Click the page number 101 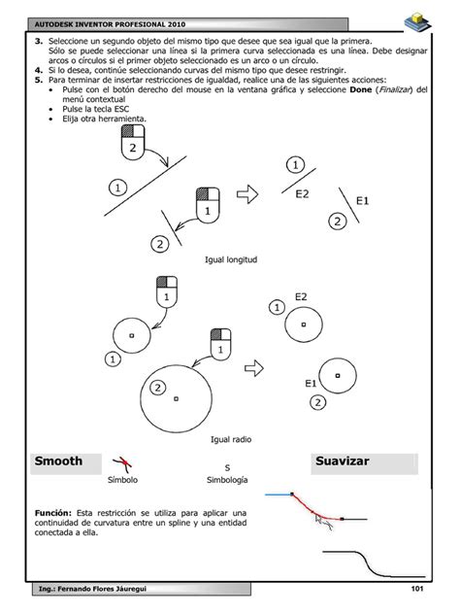click(417, 588)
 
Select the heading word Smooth click(58, 460)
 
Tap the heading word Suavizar click(342, 460)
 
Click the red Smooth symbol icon click(122, 463)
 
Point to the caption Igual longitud click(231, 259)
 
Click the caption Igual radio click(231, 439)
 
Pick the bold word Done click(361, 89)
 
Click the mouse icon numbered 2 click(133, 143)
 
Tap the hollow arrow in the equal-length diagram click(247, 194)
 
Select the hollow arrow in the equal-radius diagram click(254, 368)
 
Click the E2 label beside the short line click(302, 194)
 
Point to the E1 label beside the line click(362, 201)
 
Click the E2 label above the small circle click(301, 297)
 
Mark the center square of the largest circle click(176, 398)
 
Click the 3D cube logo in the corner click(417, 22)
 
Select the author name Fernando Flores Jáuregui click(102, 589)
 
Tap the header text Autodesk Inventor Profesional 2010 click(110, 24)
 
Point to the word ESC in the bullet click(121, 109)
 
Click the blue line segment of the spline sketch click(279, 495)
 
